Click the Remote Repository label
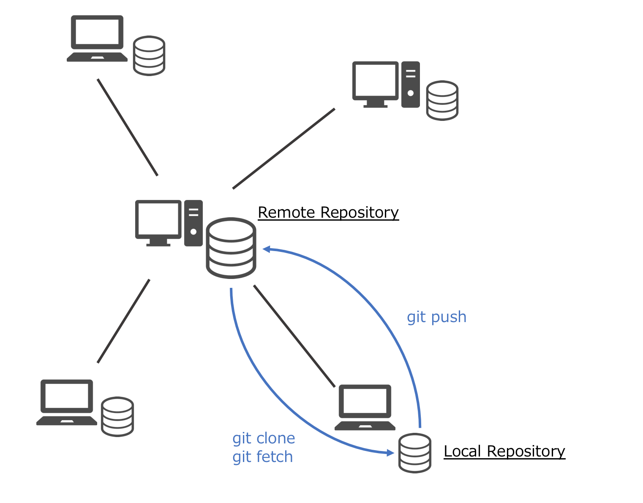(x=328, y=213)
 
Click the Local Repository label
(x=504, y=451)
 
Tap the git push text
(x=436, y=317)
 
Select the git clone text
(x=264, y=438)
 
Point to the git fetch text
(x=262, y=457)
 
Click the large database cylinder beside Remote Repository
(x=231, y=248)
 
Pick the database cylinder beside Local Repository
(x=415, y=453)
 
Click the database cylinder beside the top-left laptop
(x=149, y=56)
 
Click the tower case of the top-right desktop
(x=410, y=85)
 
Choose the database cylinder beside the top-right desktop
(x=442, y=101)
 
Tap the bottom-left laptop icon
(x=67, y=402)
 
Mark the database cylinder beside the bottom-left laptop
(x=117, y=417)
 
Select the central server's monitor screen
(x=158, y=220)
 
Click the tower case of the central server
(x=193, y=223)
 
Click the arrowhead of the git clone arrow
(x=390, y=453)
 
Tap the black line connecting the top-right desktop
(x=283, y=149)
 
